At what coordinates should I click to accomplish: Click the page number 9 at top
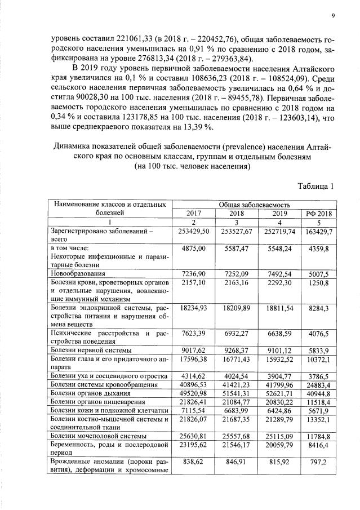coord(333,16)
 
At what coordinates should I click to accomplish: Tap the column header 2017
coord(193,214)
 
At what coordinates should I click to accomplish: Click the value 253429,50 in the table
coord(193,231)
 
